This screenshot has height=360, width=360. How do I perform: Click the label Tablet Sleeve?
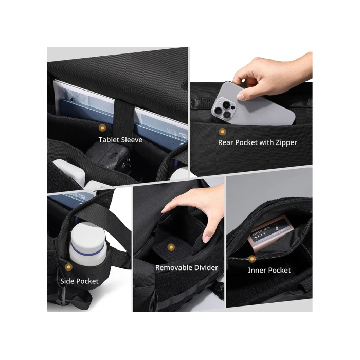(120, 140)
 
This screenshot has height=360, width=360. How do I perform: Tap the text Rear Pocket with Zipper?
(257, 142)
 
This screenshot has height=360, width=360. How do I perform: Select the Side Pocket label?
(79, 281)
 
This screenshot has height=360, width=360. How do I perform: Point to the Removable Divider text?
(186, 268)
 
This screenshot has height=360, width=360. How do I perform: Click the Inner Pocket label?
(269, 270)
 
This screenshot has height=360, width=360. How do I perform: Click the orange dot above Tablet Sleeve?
(102, 128)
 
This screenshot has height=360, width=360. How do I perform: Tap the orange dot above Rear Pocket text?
(222, 132)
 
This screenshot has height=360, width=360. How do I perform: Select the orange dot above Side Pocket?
(68, 267)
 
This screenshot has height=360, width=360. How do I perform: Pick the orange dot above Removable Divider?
(171, 247)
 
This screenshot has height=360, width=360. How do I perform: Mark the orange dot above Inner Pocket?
(252, 259)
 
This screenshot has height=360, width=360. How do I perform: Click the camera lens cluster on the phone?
(223, 108)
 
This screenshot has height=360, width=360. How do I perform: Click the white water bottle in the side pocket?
(88, 244)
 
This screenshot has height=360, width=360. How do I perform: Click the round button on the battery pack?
(277, 228)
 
